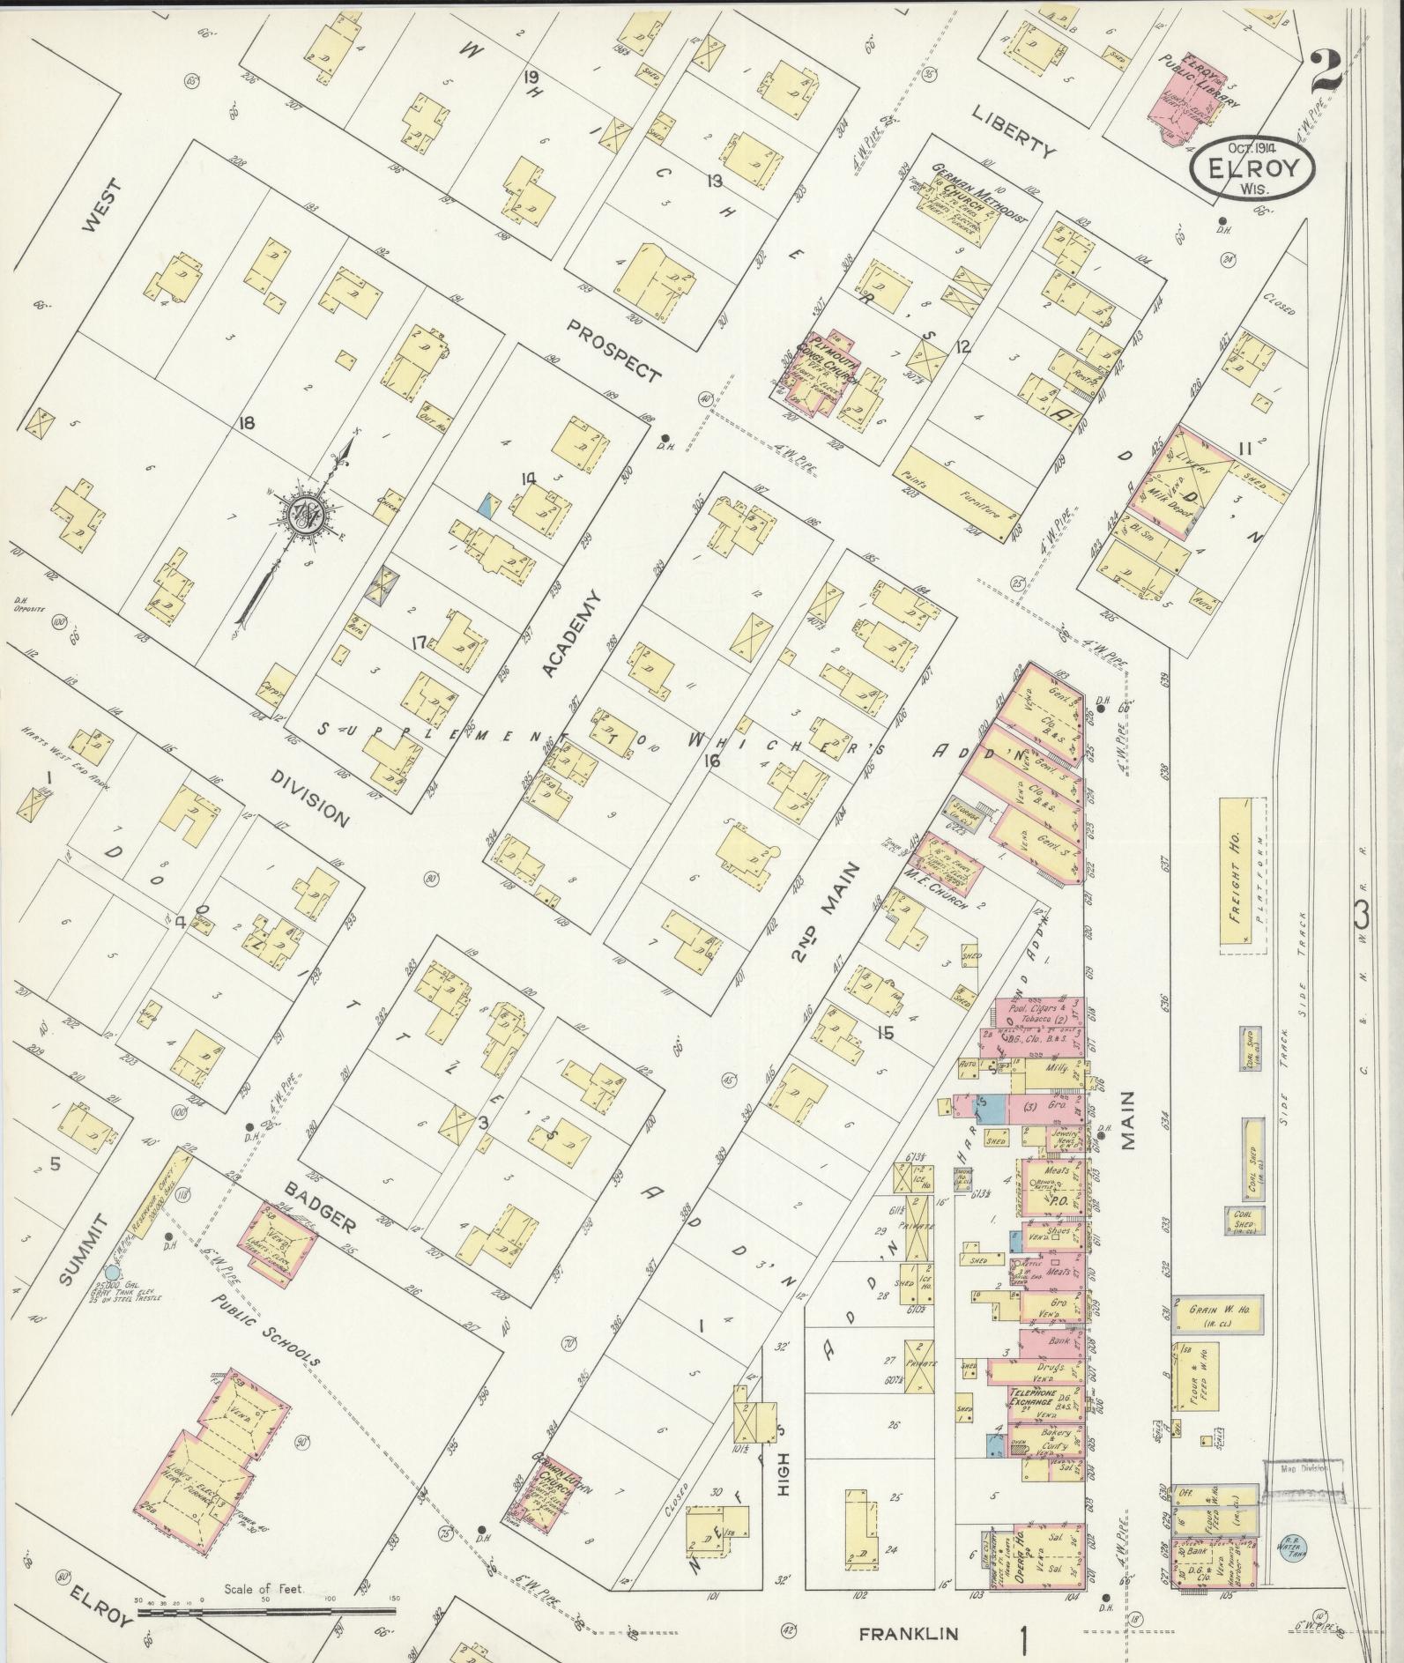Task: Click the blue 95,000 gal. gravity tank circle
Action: tap(110, 1272)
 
